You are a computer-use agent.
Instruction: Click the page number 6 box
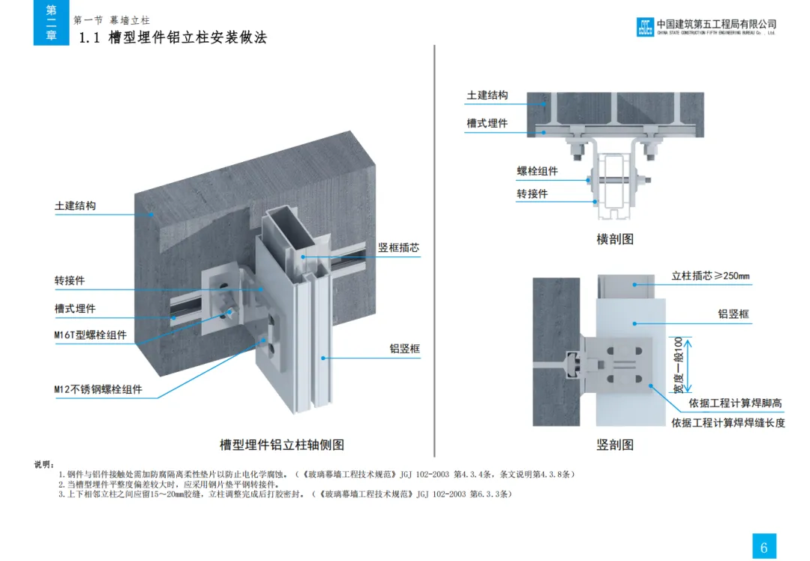click(x=763, y=547)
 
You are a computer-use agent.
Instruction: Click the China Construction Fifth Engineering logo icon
click(x=644, y=26)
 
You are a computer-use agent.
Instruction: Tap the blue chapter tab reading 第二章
click(x=51, y=22)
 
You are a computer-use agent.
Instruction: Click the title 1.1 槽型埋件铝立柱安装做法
click(x=172, y=37)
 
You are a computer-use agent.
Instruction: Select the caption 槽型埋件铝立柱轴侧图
click(x=281, y=445)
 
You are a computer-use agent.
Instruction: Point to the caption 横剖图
click(x=615, y=239)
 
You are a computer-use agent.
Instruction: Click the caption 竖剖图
click(x=615, y=445)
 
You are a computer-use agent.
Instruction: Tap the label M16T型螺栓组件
click(x=90, y=335)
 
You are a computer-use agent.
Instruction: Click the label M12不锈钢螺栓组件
click(x=97, y=389)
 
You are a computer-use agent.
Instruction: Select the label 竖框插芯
click(x=398, y=247)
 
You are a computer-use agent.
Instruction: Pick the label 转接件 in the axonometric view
click(x=69, y=280)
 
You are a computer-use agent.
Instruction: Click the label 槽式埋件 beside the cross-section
click(x=487, y=123)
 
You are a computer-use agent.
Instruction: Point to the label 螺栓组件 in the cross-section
click(x=537, y=171)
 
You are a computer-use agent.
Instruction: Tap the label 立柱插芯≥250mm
click(x=710, y=276)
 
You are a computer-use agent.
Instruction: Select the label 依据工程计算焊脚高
click(x=725, y=403)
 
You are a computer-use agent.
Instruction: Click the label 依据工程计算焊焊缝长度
click(x=727, y=423)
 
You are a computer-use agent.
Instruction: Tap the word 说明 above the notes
click(x=44, y=464)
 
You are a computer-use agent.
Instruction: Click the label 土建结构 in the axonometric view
click(x=75, y=205)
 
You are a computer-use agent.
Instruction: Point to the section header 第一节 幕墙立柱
click(x=112, y=20)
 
